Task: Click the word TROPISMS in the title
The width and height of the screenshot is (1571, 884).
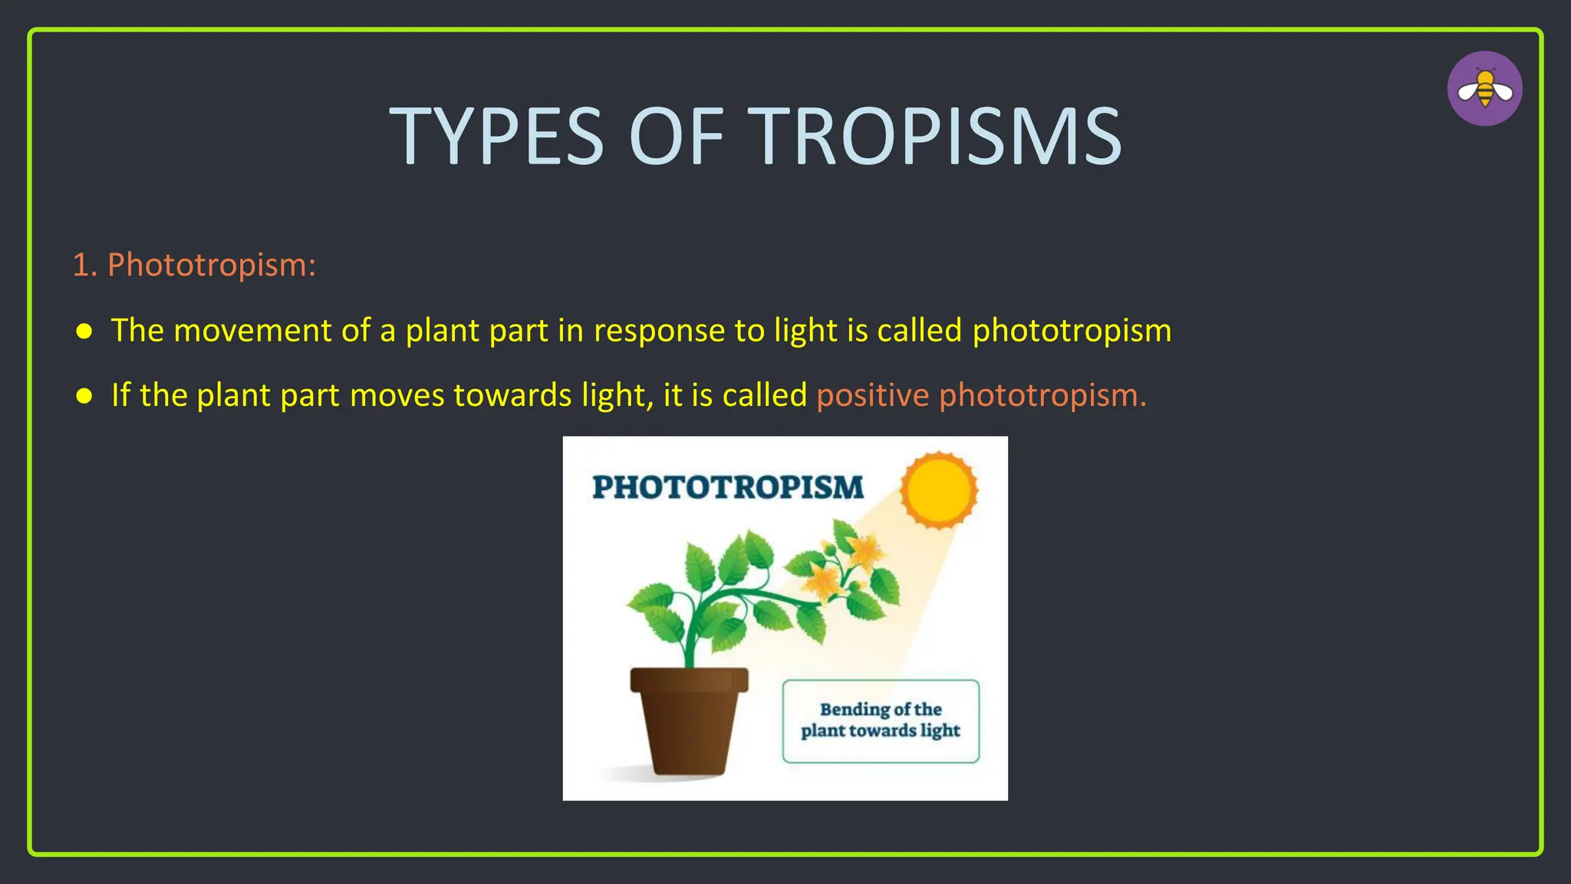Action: (934, 137)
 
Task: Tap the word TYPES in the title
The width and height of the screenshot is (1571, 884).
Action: (497, 137)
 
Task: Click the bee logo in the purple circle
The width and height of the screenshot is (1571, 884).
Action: (1484, 89)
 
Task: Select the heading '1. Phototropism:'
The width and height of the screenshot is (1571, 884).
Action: (194, 265)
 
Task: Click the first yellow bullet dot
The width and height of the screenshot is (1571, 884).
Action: (84, 331)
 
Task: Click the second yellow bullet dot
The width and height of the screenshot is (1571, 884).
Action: (84, 396)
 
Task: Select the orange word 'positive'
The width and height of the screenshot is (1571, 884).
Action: (873, 395)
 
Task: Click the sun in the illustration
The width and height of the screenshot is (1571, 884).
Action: (939, 490)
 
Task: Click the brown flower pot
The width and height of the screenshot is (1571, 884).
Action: (689, 721)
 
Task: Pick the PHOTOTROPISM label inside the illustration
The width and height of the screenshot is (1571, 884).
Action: (727, 488)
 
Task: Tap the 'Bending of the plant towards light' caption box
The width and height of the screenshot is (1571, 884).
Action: (881, 721)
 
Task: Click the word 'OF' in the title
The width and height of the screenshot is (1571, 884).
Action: (676, 137)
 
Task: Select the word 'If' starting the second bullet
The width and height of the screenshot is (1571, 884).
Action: (120, 395)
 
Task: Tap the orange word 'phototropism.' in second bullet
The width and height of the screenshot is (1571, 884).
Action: (1042, 395)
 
